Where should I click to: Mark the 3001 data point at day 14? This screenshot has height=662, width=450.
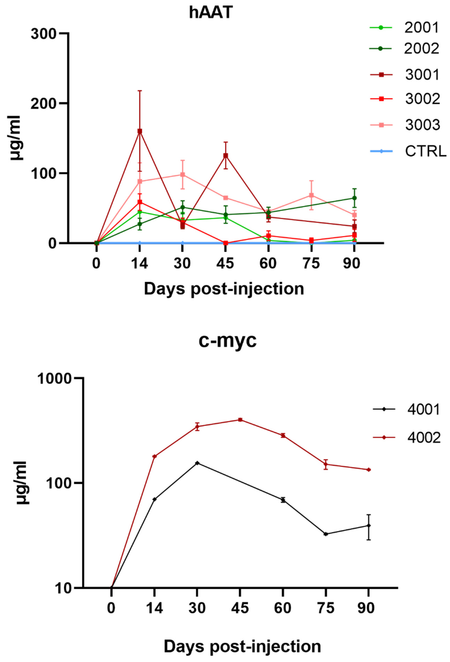140,131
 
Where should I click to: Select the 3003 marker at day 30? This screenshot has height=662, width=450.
182,175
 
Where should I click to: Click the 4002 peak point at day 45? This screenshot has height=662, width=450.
240,420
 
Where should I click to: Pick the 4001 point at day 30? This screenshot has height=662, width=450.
197,463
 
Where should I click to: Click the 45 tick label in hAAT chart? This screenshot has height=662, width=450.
225,263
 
